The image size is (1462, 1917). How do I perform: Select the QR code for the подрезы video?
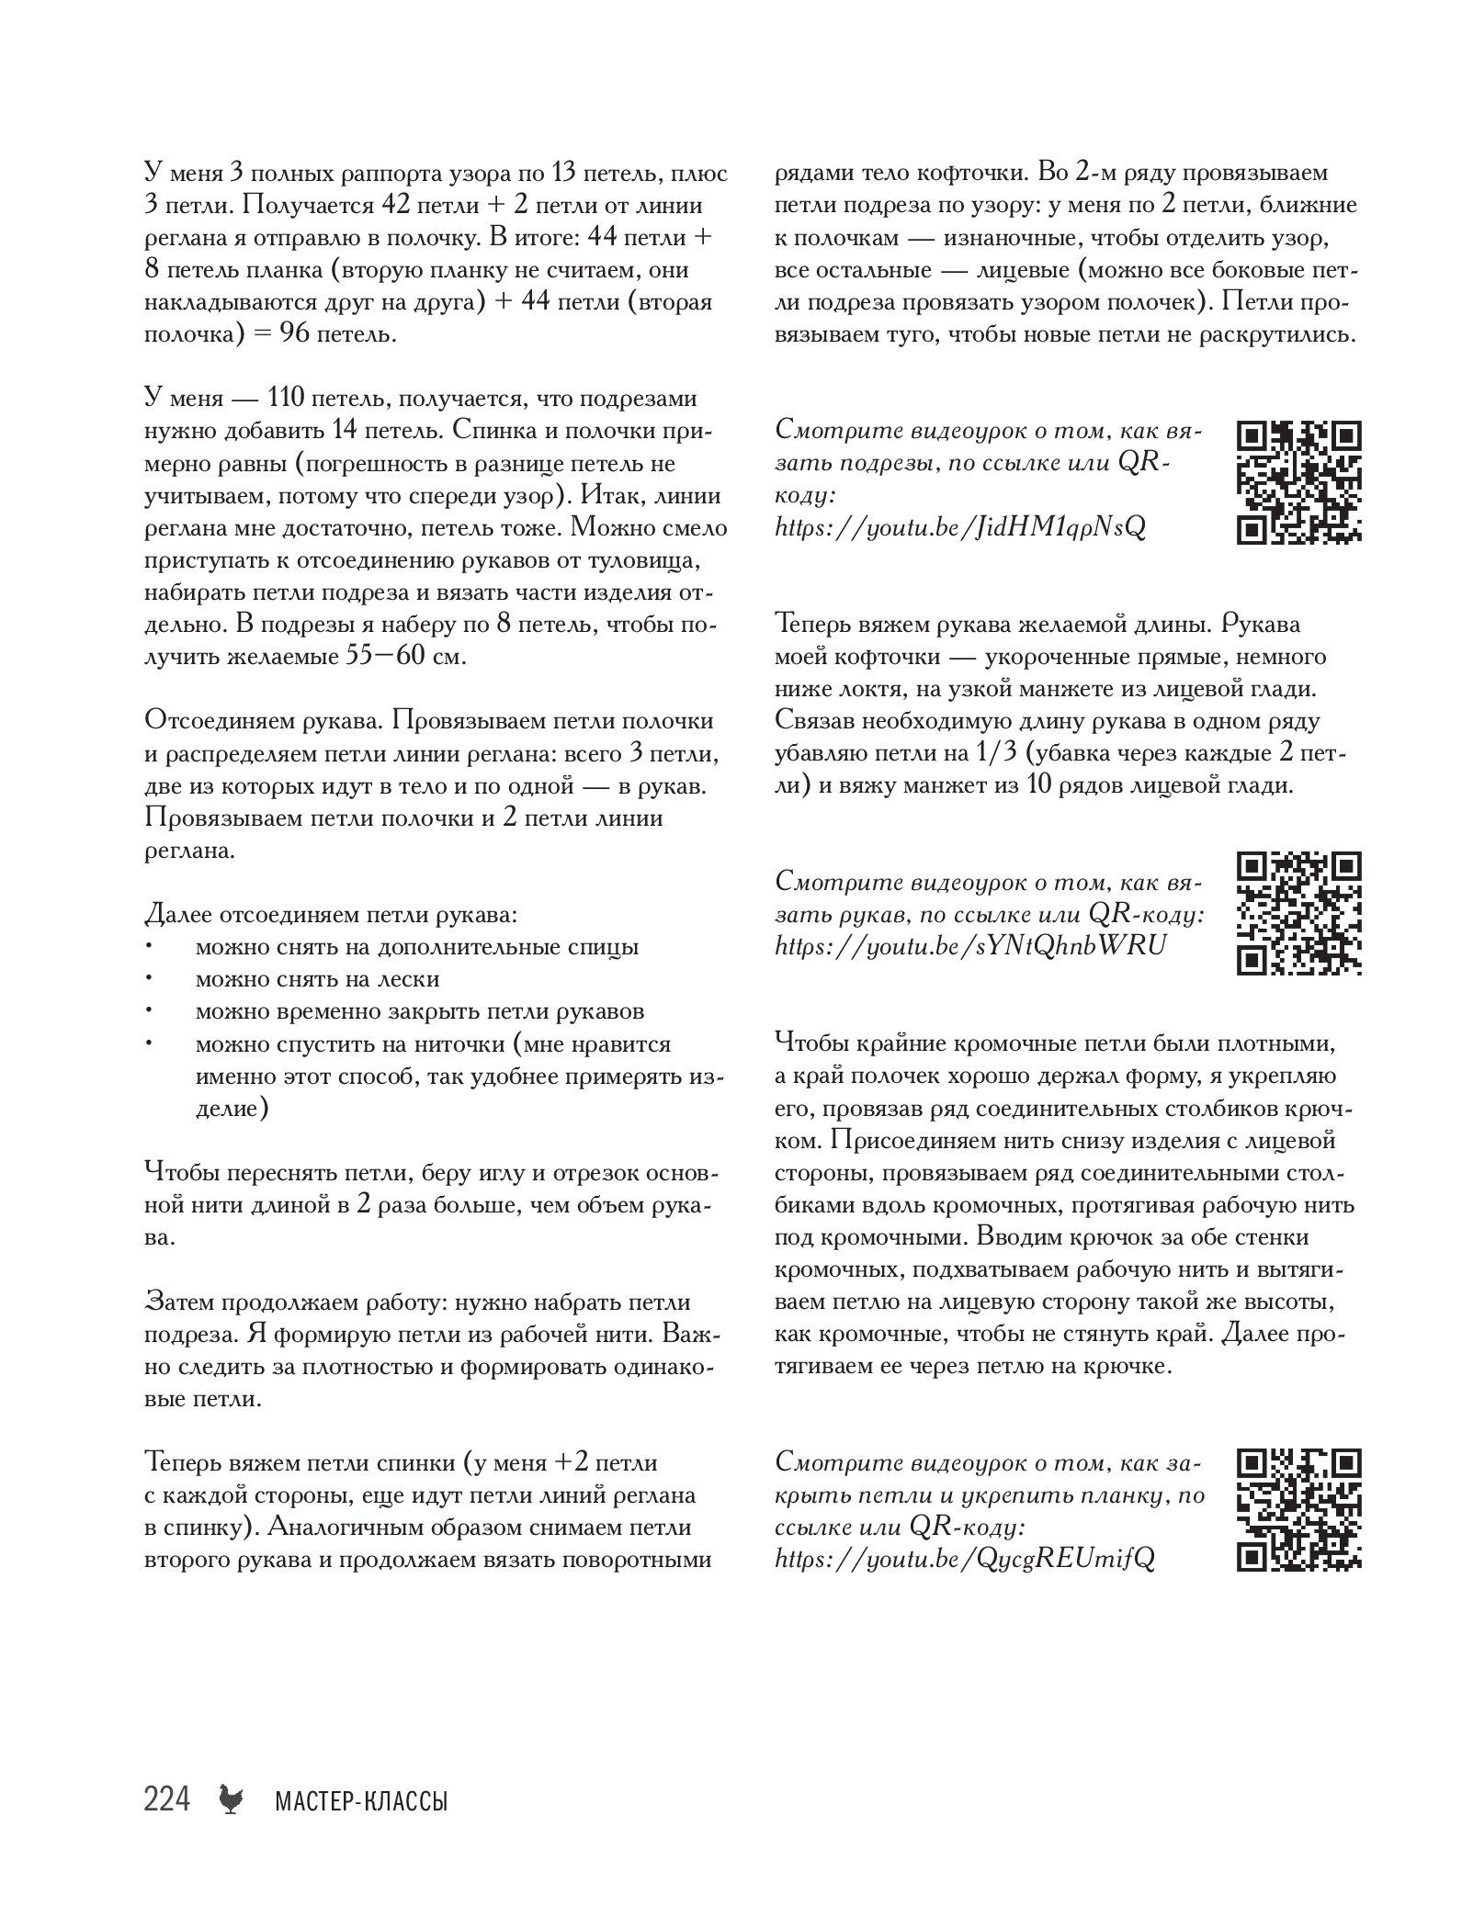click(1298, 483)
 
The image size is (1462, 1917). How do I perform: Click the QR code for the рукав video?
click(1298, 913)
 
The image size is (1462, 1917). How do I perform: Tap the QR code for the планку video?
click(1298, 1510)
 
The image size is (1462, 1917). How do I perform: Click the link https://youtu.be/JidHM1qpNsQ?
click(960, 529)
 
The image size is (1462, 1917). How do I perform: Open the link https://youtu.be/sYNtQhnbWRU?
click(970, 945)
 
